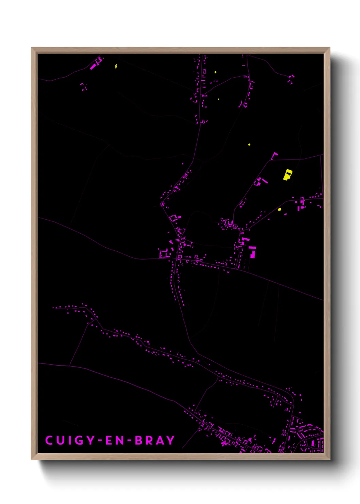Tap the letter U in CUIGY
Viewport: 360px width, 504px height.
[x=61, y=440]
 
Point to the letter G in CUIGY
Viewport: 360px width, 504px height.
[x=79, y=440]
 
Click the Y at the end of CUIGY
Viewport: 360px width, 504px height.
[x=91, y=440]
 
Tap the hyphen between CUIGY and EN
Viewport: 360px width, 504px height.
[x=100, y=441]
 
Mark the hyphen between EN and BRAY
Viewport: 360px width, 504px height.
[x=130, y=441]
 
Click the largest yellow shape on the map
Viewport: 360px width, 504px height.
[x=288, y=175]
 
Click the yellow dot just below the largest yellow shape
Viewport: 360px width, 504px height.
[x=279, y=209]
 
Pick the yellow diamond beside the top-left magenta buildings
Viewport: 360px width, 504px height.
[x=116, y=66]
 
